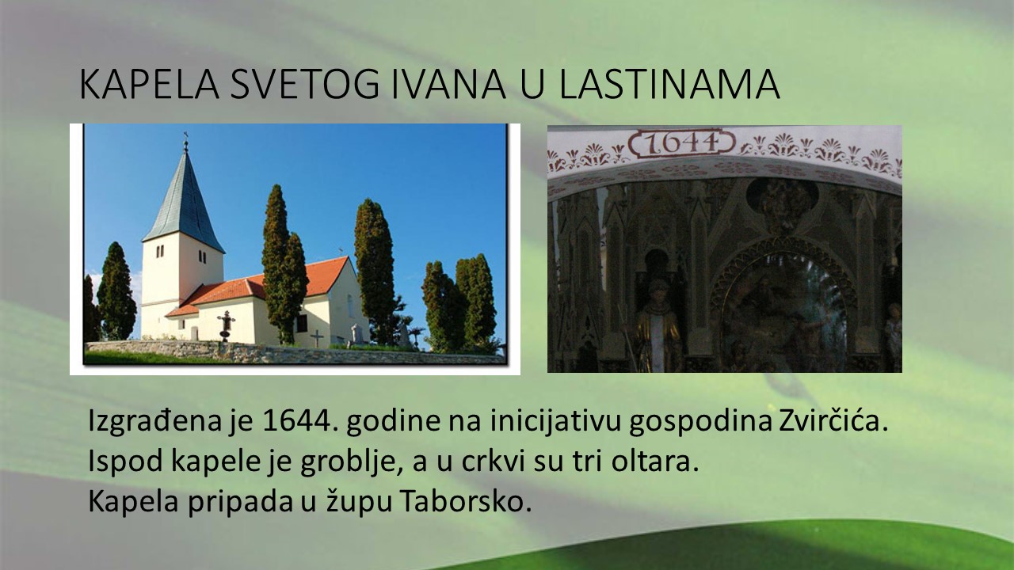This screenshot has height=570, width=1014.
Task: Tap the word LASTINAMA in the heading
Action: click(x=669, y=84)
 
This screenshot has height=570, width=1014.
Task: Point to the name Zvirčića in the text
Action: click(x=833, y=420)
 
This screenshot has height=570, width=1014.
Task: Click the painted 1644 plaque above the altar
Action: click(x=682, y=143)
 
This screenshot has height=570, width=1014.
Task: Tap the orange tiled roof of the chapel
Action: click(x=272, y=285)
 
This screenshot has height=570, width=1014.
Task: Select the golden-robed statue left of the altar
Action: click(x=658, y=325)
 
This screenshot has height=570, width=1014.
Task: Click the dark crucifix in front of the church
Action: click(x=226, y=325)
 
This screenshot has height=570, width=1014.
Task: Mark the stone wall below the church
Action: click(x=294, y=353)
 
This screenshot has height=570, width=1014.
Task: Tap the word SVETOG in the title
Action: click(x=305, y=84)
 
